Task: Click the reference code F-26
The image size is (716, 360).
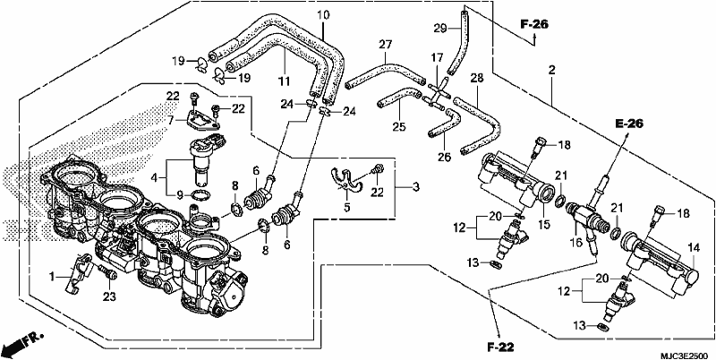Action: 534,25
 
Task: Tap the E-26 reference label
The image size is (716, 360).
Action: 629,124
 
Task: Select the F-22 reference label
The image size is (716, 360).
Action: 500,347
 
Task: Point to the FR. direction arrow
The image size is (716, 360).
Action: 23,344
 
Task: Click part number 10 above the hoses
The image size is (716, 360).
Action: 323,15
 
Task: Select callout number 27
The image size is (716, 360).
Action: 386,45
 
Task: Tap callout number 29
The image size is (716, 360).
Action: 440,29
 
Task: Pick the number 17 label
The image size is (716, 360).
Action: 437,58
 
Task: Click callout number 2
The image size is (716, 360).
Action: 552,71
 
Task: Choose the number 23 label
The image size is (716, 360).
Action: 109,297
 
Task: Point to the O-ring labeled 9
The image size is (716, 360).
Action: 199,195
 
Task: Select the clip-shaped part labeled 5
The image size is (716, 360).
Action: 345,182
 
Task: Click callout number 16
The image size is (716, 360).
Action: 576,242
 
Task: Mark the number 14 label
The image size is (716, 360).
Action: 694,248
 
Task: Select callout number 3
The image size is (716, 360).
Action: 415,187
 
